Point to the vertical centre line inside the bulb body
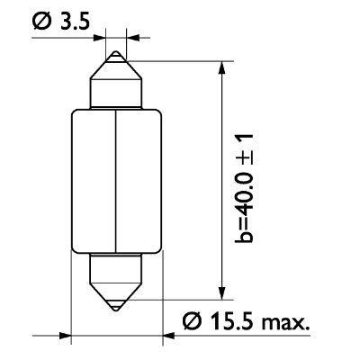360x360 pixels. click(118, 180)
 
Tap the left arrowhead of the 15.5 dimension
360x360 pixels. click(64, 336)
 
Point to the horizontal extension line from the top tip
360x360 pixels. click(180, 60)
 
